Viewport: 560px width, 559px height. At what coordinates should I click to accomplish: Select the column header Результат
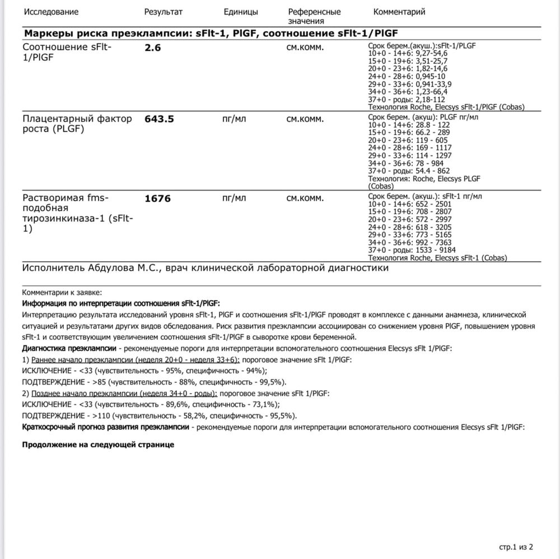coord(164,12)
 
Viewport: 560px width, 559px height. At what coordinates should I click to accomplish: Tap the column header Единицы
coord(241,12)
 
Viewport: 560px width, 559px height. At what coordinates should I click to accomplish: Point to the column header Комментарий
coord(399,12)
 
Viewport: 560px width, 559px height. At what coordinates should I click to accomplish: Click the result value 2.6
coord(152,48)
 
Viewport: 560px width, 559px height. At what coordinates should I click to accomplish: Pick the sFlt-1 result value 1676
coord(157,198)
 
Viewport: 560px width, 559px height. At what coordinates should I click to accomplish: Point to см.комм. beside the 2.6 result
coord(305,48)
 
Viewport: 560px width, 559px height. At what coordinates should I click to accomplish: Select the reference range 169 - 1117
coord(432,147)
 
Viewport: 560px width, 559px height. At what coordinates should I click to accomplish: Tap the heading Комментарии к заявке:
coord(62,293)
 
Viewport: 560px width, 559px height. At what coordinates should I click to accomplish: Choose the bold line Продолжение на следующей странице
coord(98,445)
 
